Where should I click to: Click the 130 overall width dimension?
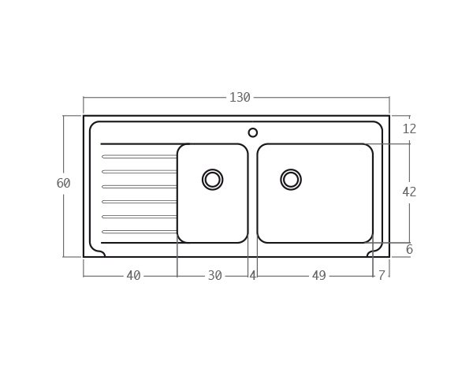240,98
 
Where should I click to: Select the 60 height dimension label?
63,184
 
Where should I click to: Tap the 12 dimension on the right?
409,129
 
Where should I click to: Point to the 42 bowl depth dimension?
409,192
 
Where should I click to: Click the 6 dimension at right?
409,250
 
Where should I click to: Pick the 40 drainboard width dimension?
133,276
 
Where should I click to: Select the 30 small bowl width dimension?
214,276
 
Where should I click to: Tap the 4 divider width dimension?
252,276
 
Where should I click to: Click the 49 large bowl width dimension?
318,276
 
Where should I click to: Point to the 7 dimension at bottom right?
382,276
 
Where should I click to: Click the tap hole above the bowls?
253,132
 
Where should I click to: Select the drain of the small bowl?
212,180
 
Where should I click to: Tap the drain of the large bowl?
291,180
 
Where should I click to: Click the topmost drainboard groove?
140,157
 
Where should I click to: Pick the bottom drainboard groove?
140,232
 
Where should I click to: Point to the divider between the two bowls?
252,193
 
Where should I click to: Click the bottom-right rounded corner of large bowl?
368,238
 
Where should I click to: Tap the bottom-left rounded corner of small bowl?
182,238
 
